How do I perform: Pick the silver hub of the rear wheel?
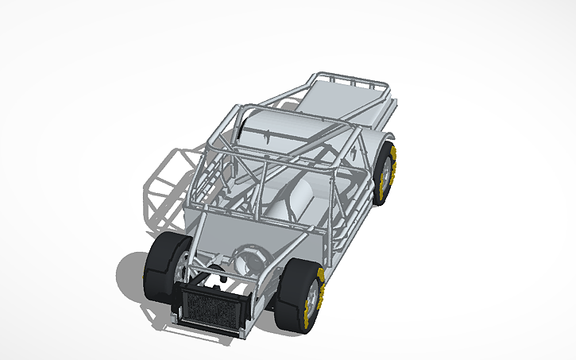tap(390, 172)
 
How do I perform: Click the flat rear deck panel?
tap(342, 99)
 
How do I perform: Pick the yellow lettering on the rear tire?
tap(395, 171)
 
